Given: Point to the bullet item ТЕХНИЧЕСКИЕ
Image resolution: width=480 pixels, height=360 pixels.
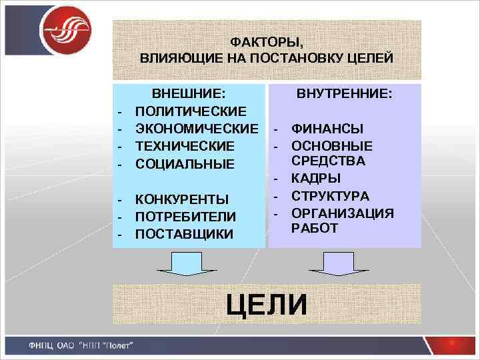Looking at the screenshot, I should tap(185, 145).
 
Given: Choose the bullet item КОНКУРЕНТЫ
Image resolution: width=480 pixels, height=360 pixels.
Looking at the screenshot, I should tap(182, 199).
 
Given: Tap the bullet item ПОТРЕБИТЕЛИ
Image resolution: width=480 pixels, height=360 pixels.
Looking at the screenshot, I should tap(185, 217).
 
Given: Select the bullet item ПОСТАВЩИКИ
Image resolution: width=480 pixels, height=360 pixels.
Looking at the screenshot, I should tap(184, 234).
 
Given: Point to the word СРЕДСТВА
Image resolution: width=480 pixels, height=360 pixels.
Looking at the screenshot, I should tap(328, 161).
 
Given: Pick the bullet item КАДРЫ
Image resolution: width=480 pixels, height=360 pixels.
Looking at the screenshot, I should tap(317, 179).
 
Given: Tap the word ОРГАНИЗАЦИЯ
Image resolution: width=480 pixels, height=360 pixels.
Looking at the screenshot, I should tap(343, 213).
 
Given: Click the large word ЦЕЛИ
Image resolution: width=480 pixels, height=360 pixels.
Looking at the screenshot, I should tap(267, 305).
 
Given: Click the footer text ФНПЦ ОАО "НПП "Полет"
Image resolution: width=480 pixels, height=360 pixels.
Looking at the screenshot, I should tap(81, 345).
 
